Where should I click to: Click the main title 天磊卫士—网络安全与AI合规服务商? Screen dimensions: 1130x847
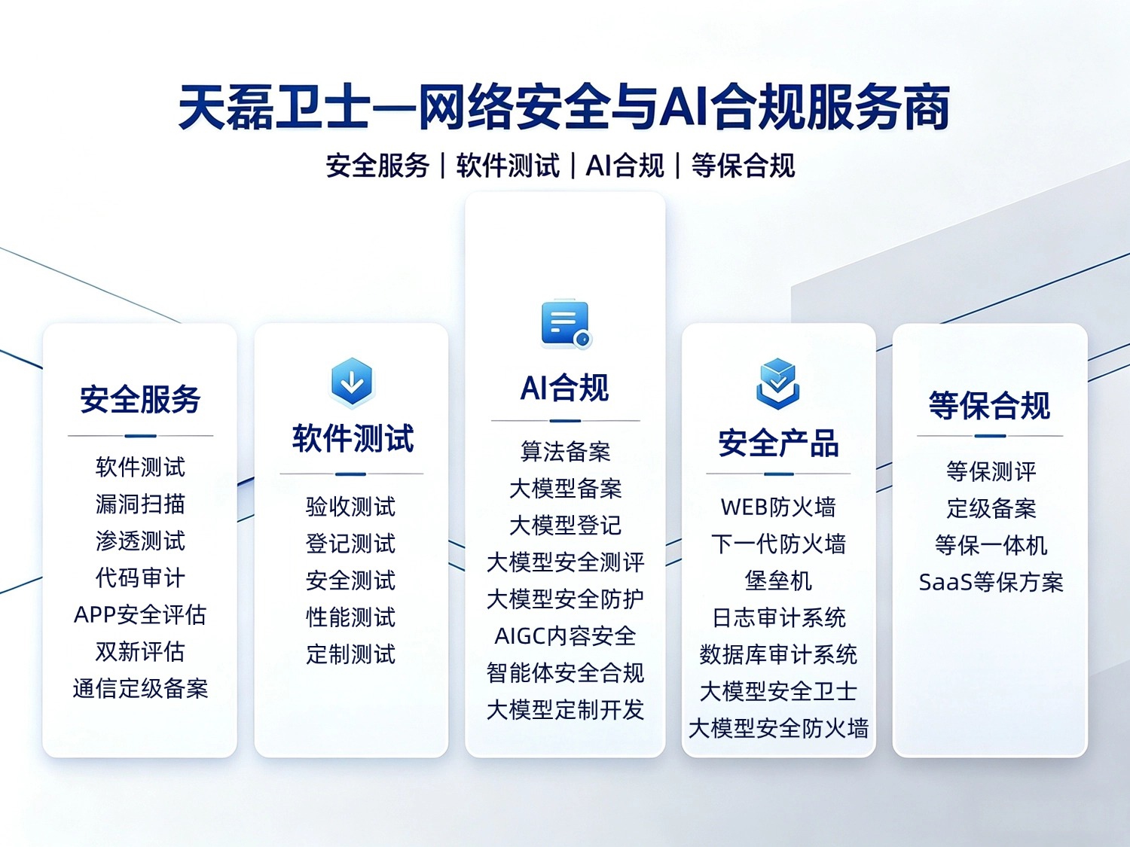tap(564, 107)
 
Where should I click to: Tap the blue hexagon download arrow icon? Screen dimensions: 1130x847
tap(352, 382)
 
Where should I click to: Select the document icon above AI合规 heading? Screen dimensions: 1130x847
tap(567, 324)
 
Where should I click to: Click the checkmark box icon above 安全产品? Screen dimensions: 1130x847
tap(778, 384)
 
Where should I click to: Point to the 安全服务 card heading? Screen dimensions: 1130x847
tap(140, 399)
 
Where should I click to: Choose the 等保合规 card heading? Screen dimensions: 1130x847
tap(989, 405)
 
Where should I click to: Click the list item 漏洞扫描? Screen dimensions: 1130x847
tap(140, 504)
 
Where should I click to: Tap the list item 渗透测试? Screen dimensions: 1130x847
tap(140, 541)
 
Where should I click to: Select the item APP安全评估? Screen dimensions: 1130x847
tap(140, 614)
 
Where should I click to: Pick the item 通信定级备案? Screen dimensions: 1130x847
tap(140, 689)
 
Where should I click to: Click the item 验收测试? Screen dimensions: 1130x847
tap(350, 507)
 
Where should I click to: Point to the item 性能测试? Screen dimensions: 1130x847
tap(350, 617)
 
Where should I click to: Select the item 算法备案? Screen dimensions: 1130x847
tap(565, 452)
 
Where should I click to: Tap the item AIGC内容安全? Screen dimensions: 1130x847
tap(565, 636)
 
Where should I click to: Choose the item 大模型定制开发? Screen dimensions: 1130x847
tap(565, 710)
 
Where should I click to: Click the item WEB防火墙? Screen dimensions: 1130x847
tap(778, 507)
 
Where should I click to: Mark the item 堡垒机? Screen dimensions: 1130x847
tap(778, 580)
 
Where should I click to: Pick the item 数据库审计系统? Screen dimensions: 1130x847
tap(778, 655)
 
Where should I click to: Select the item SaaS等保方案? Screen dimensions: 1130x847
tap(991, 582)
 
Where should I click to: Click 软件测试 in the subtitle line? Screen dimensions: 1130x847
tap(508, 166)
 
